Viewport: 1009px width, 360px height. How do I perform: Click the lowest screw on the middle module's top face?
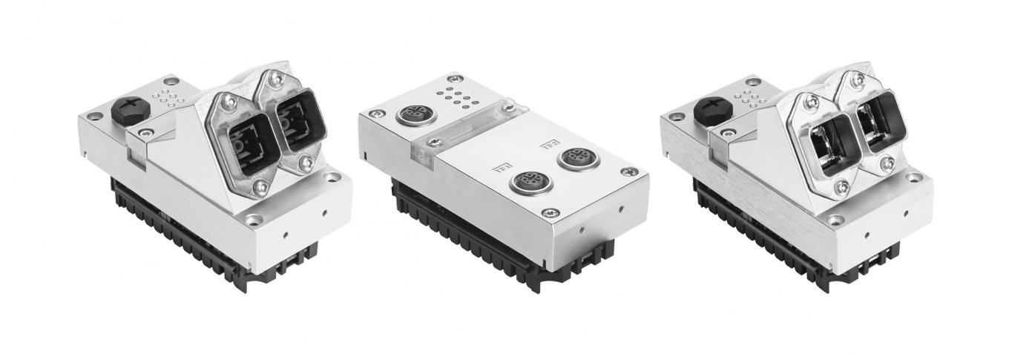click(x=549, y=213)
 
